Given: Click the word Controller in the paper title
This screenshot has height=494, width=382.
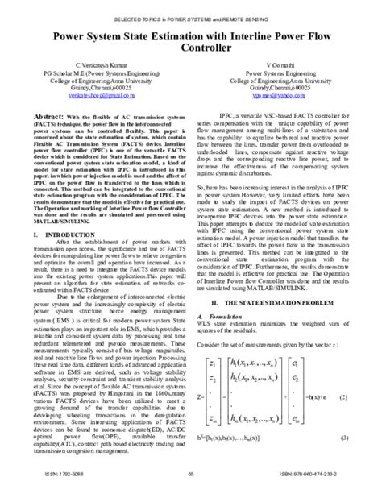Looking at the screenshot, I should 191,50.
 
